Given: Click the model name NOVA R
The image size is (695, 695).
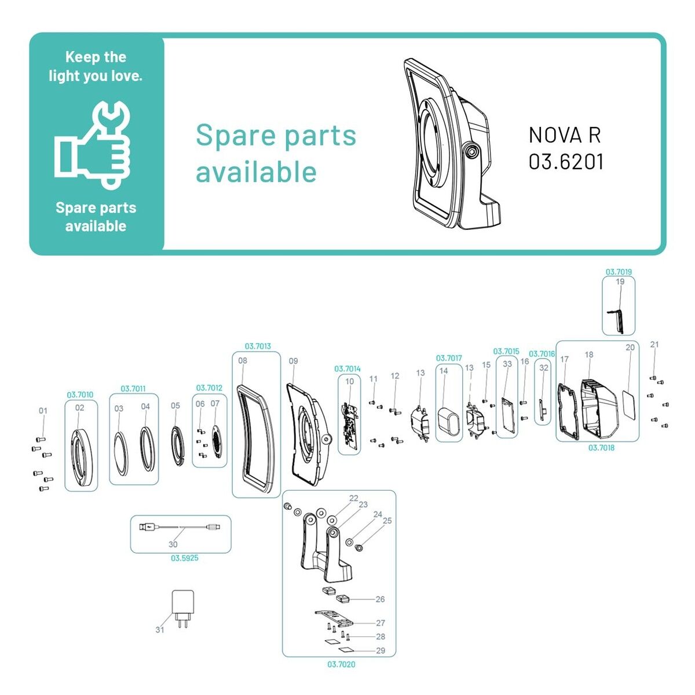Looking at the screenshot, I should pyautogui.click(x=565, y=135).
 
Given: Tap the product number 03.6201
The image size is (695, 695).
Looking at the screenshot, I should pyautogui.click(x=566, y=162).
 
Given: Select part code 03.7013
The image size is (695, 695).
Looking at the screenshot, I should pyautogui.click(x=258, y=346).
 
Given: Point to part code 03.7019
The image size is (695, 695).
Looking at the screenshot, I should pyautogui.click(x=619, y=272).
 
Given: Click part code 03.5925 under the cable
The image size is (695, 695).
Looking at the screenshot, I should pyautogui.click(x=184, y=558).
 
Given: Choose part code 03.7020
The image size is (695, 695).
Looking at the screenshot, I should pyautogui.click(x=341, y=664).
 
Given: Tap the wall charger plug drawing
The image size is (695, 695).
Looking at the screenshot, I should pyautogui.click(x=184, y=608).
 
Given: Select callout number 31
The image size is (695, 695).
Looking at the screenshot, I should pyautogui.click(x=160, y=630).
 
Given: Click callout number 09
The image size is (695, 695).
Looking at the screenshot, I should pyautogui.click(x=294, y=361).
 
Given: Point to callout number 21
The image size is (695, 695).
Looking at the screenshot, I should pyautogui.click(x=654, y=345).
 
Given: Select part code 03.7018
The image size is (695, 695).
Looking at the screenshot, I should pyautogui.click(x=601, y=448).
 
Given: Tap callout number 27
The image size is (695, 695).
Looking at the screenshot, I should pyautogui.click(x=381, y=623).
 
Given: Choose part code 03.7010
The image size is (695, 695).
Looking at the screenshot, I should pyautogui.click(x=80, y=395).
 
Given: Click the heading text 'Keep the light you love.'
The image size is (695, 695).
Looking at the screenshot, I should pyautogui.click(x=96, y=66).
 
